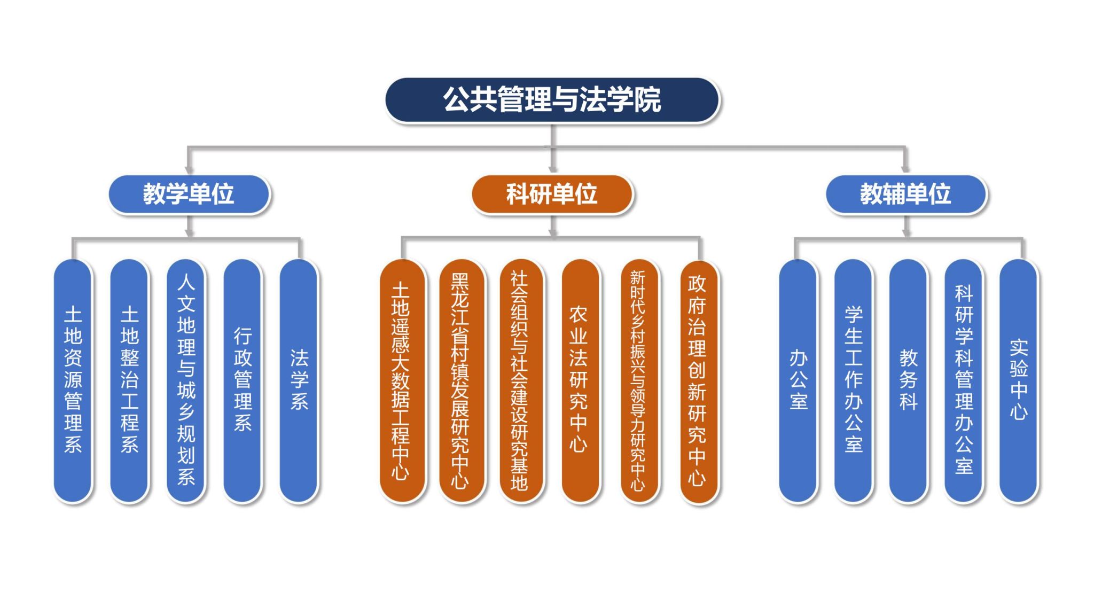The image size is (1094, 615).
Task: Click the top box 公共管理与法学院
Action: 552,100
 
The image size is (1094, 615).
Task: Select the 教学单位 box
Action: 189,194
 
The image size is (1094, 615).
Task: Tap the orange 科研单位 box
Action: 552,194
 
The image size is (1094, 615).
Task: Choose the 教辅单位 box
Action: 905,194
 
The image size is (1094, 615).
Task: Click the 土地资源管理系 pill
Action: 73,380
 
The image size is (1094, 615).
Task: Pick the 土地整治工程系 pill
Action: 129,380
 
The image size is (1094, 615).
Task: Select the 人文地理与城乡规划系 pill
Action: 186,380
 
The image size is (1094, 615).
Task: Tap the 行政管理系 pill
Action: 243,380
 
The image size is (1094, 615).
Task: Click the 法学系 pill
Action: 299,380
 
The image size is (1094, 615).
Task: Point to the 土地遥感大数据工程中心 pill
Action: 401,380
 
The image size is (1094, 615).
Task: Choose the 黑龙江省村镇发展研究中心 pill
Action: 460,380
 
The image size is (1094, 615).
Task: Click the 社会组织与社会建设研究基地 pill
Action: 520,380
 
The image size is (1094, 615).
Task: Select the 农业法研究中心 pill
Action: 579,380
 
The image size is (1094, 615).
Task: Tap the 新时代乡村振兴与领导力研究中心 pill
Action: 638,380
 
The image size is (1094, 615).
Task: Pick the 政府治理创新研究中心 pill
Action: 698,380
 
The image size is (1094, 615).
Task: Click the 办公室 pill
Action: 798,380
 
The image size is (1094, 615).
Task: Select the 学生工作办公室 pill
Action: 854,380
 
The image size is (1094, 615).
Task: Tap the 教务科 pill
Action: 909,380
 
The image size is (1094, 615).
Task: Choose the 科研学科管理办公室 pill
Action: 964,380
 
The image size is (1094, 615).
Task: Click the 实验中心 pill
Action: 1019,380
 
